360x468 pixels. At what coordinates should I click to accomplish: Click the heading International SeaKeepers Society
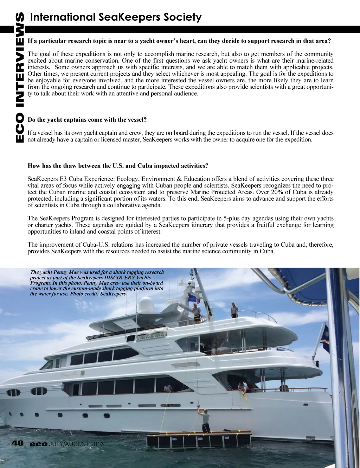coord(116,17)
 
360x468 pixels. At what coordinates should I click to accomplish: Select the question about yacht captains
coord(87,120)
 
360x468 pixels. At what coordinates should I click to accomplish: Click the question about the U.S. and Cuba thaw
coord(118,165)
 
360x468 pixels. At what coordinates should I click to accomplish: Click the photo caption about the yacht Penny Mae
coord(97,283)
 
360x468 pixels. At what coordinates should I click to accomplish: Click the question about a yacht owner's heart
coord(179,41)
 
